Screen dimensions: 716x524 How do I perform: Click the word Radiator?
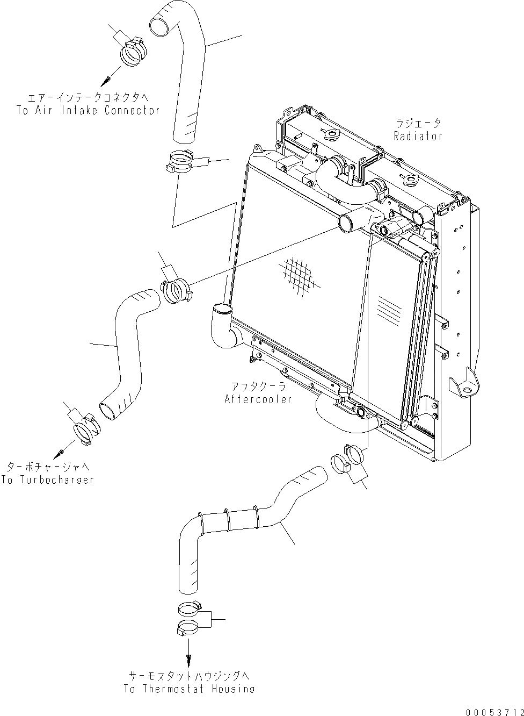coord(418,136)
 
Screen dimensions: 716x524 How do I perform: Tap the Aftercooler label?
coord(258,399)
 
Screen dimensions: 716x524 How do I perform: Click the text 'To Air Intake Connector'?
coord(88,110)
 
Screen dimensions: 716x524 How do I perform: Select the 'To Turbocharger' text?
coord(47,479)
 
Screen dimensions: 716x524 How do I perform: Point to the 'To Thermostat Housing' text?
coord(189,689)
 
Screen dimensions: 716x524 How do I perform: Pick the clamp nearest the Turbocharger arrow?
coord(86,430)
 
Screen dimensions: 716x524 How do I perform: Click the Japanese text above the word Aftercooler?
coord(258,386)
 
